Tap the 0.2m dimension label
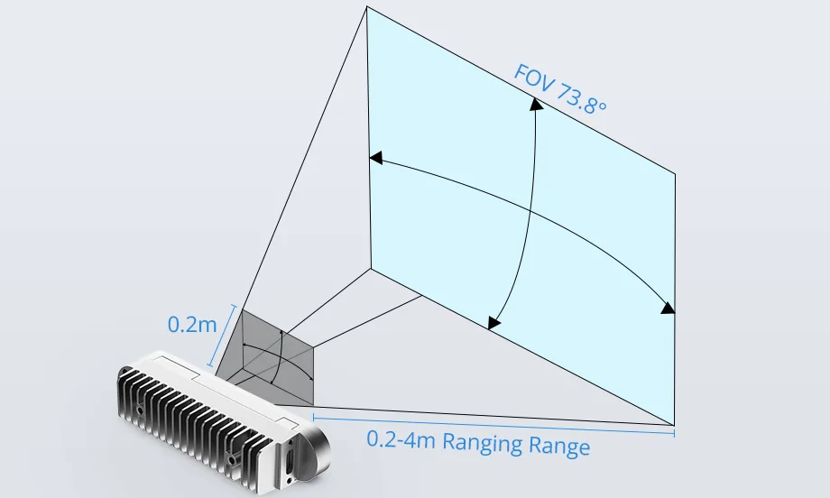pos(192,324)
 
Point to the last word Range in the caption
pos(559,446)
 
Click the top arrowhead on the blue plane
pos(536,104)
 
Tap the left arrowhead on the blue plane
pos(375,157)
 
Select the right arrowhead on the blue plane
pos(669,308)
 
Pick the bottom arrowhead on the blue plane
pos(493,323)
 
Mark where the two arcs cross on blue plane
pos(530,212)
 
